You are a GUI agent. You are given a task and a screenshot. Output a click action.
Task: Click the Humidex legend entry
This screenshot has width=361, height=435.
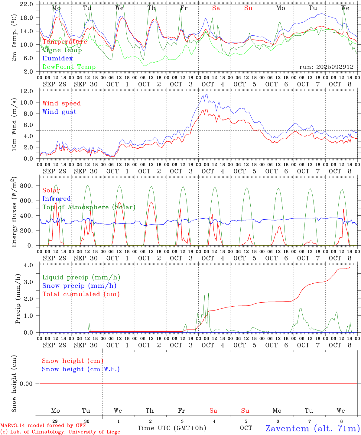[x=57, y=58]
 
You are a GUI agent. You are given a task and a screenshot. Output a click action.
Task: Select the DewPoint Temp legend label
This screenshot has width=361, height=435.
[x=69, y=67]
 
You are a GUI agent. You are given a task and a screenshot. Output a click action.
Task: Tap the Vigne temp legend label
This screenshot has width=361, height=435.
[x=62, y=50]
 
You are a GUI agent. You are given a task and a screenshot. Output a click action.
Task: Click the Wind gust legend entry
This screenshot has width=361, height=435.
[x=59, y=112]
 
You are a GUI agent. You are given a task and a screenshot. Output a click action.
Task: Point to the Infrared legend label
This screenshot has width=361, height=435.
[x=57, y=199]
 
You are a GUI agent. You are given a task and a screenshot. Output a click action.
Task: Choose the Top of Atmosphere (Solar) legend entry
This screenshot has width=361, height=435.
[x=89, y=207]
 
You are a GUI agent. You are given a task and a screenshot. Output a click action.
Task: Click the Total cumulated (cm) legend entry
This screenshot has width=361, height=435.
[x=81, y=294]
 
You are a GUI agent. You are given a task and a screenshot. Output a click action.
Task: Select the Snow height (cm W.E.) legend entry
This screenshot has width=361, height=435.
[x=80, y=369]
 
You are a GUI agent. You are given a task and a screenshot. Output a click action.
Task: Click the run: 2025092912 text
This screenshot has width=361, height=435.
[x=326, y=67]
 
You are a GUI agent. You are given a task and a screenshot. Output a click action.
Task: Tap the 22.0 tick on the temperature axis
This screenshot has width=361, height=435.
[x=27, y=4]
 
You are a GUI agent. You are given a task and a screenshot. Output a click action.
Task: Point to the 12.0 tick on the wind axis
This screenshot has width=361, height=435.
[x=27, y=91]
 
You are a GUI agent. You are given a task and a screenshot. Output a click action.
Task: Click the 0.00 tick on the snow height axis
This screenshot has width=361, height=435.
[x=26, y=384]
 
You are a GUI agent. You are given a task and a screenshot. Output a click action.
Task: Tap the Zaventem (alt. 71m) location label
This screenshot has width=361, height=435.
[x=312, y=428]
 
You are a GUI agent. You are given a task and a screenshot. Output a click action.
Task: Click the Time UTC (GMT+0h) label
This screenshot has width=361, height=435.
[x=172, y=428]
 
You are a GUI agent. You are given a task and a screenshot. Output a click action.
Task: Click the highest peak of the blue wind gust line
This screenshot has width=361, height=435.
[x=207, y=95]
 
